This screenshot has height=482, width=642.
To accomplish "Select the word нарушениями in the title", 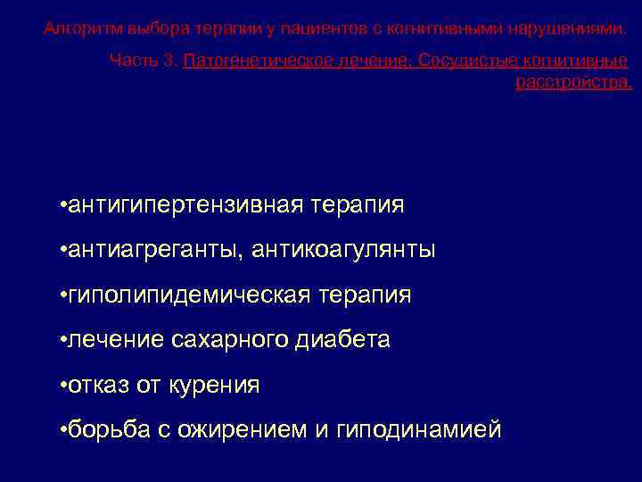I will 568,29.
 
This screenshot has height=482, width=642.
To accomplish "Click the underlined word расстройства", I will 573,82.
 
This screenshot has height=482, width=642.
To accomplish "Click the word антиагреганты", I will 153,250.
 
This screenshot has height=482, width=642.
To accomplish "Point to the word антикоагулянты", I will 344,250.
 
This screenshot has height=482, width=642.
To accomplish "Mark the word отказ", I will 99,385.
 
